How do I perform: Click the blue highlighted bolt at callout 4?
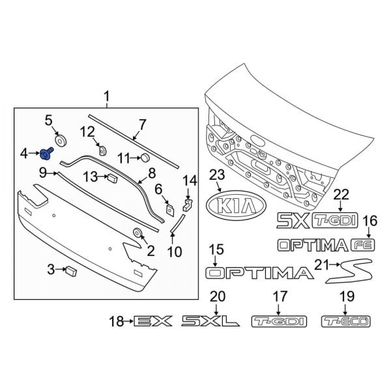(x=46, y=154)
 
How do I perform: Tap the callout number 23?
(x=216, y=175)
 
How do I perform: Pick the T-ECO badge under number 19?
(x=346, y=321)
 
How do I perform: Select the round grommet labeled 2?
(x=138, y=233)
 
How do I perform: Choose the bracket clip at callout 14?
(x=188, y=205)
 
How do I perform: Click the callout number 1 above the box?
(x=107, y=98)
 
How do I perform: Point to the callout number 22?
(x=341, y=194)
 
